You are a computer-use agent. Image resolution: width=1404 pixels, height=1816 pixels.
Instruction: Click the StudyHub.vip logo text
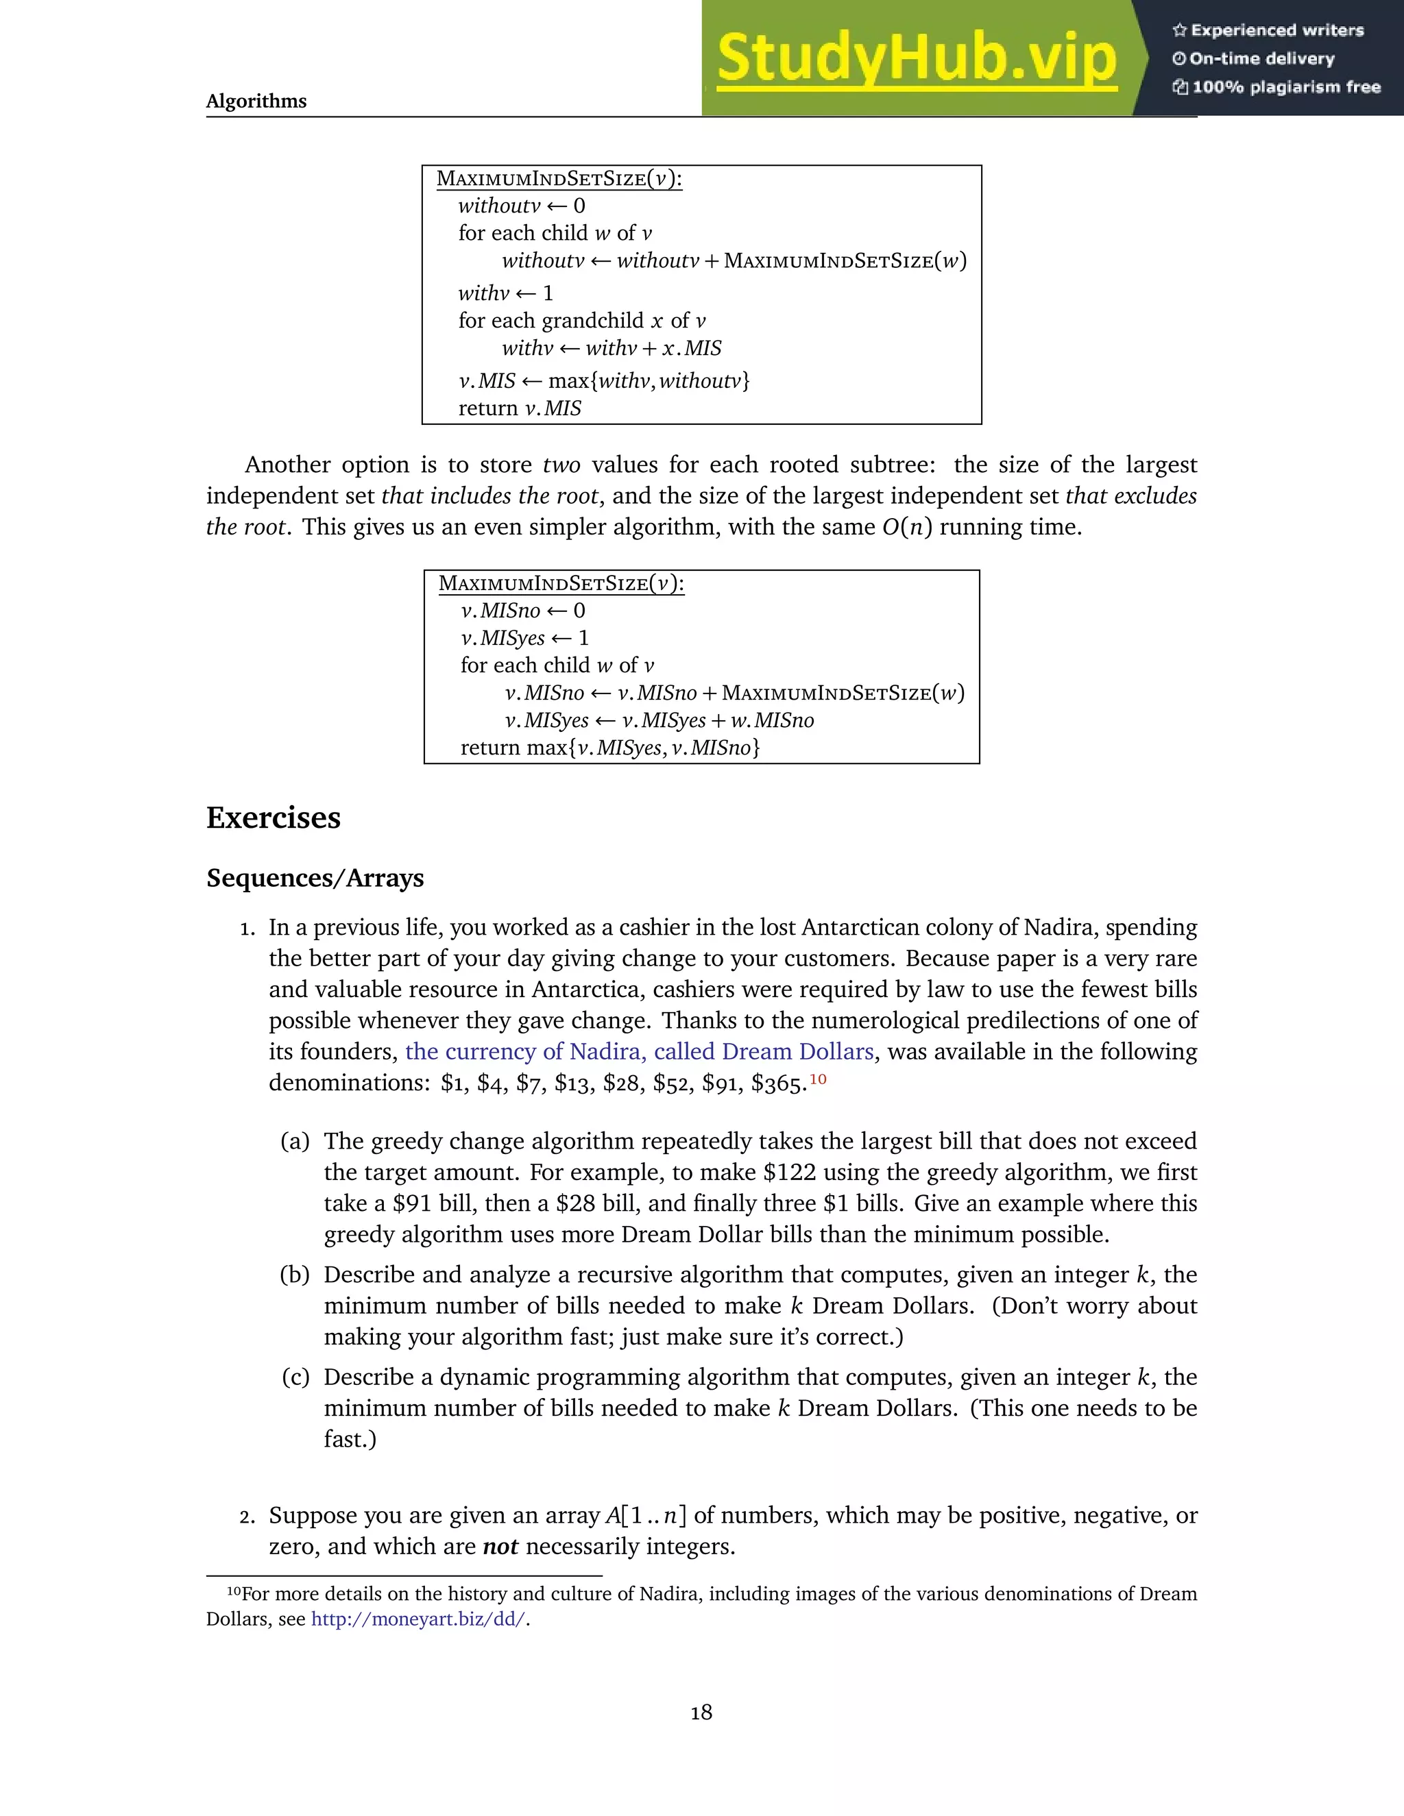(917, 58)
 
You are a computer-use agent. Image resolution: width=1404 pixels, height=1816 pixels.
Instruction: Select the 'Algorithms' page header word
(256, 101)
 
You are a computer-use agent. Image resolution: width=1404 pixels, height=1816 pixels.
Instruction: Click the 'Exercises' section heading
(273, 818)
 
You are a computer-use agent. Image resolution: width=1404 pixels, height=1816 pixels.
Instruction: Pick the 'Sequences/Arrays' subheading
(315, 878)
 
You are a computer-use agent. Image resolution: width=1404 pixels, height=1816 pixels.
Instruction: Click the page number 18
(701, 1712)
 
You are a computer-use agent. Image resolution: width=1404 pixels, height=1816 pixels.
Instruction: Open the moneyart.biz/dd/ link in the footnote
(418, 1619)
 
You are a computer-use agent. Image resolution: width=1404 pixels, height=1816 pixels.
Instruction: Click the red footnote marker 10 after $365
(818, 1079)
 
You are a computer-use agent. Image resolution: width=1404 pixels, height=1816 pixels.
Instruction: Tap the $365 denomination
(777, 1083)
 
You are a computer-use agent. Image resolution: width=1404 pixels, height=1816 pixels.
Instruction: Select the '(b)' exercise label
(294, 1275)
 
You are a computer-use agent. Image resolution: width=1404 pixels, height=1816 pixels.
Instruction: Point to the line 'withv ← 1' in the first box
(505, 293)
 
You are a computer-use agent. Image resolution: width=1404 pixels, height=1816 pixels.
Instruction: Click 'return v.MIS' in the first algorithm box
(519, 408)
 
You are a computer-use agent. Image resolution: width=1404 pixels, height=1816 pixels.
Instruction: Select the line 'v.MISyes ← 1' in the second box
(524, 638)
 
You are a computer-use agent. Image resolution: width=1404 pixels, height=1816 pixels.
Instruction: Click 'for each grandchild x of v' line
(581, 321)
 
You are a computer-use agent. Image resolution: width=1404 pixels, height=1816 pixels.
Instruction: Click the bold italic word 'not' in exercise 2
(500, 1547)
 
